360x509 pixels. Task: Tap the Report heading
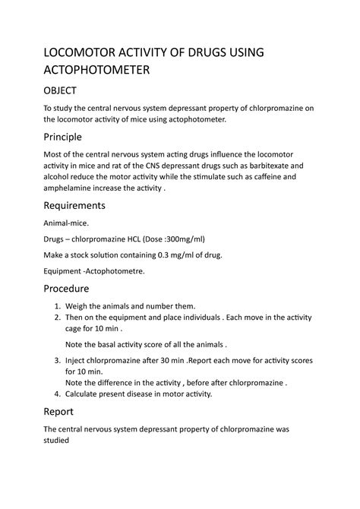[x=60, y=412]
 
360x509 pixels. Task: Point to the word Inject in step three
[x=77, y=360]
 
